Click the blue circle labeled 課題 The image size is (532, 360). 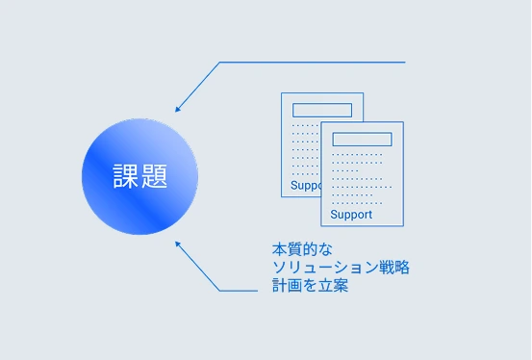click(x=139, y=176)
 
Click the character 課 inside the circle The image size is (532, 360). click(x=125, y=176)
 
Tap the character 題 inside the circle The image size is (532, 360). click(x=154, y=176)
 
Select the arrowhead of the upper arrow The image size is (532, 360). click(x=177, y=109)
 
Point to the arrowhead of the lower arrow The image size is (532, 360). click(x=177, y=244)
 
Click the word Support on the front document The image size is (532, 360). click(x=351, y=215)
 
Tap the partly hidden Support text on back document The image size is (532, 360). click(x=306, y=186)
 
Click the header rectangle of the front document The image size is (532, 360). click(x=362, y=140)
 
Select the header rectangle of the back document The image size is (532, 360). click(x=322, y=110)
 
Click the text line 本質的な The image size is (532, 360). click(x=302, y=249)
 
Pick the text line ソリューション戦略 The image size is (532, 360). click(x=341, y=268)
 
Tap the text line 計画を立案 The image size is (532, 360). click(x=310, y=285)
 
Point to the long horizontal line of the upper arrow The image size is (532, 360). click(x=313, y=63)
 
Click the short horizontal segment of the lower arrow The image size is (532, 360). click(x=239, y=291)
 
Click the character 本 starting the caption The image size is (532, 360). click(x=280, y=249)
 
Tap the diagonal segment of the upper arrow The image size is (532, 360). click(x=198, y=87)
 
